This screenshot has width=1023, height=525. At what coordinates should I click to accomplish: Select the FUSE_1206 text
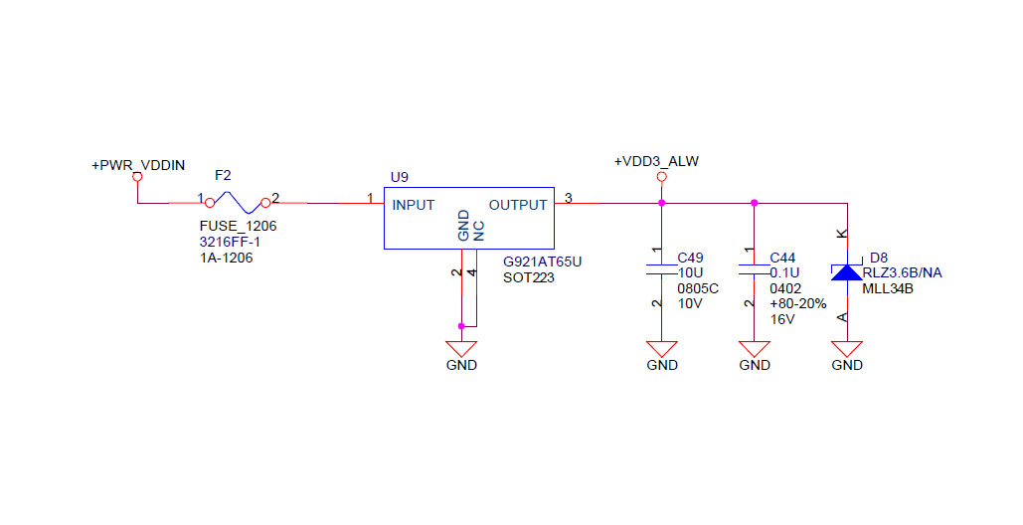(238, 226)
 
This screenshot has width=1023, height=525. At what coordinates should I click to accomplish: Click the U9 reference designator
(399, 177)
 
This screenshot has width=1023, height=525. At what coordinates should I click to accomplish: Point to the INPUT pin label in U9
(414, 205)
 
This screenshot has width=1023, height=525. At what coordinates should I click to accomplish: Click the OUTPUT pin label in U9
(517, 205)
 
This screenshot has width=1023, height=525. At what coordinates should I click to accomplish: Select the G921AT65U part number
(542, 262)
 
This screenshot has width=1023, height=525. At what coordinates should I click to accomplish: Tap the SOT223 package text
(528, 277)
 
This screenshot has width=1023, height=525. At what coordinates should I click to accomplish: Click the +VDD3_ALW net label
(656, 161)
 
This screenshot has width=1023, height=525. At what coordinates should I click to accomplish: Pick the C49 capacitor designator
(690, 257)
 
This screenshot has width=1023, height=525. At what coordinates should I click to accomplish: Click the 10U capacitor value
(690, 272)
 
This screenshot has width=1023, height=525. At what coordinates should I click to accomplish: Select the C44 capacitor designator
(782, 257)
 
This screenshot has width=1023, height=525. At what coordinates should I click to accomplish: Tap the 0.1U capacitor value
(785, 272)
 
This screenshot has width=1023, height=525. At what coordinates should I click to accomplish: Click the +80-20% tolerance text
(798, 303)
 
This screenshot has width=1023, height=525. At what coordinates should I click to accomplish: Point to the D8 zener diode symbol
(847, 272)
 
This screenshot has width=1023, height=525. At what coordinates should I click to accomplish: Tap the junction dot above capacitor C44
(755, 203)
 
